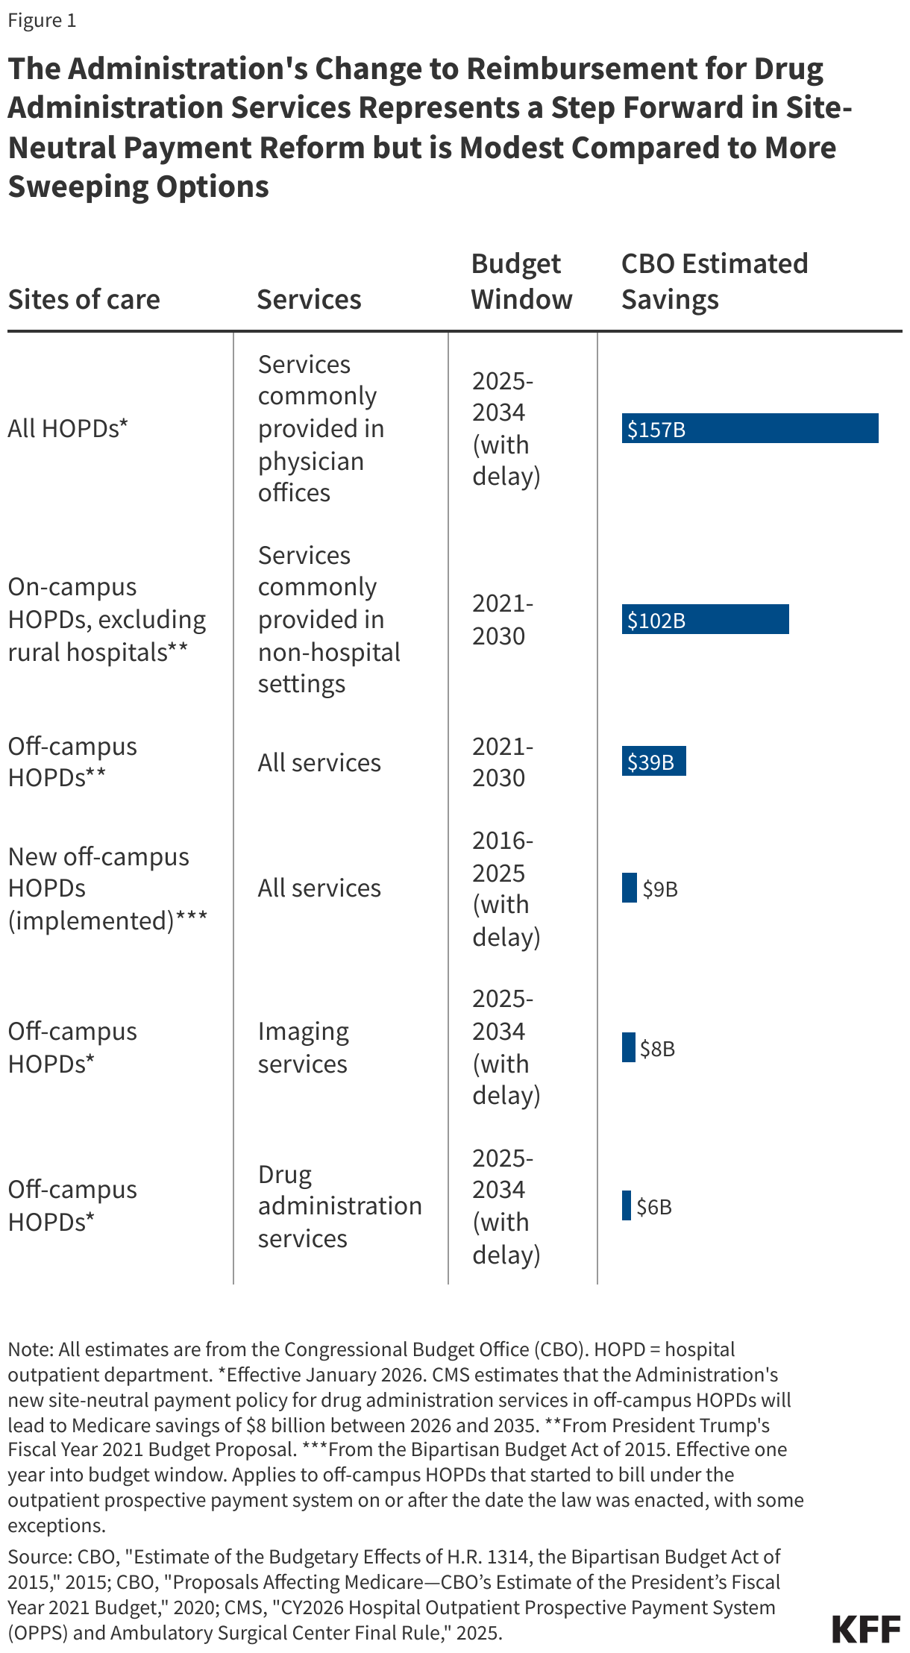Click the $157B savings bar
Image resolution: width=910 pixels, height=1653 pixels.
click(x=750, y=428)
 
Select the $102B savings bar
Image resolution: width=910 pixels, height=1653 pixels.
click(x=705, y=619)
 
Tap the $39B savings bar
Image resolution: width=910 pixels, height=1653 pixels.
click(x=653, y=761)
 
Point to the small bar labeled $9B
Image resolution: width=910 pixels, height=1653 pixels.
click(x=629, y=888)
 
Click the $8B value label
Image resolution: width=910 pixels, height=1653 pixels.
click(x=657, y=1049)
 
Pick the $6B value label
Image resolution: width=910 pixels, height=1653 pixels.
click(x=654, y=1207)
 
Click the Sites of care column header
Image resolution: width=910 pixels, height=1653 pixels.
click(x=84, y=299)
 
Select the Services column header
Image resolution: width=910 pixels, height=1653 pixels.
click(x=309, y=299)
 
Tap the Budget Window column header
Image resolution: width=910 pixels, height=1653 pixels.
click(x=521, y=281)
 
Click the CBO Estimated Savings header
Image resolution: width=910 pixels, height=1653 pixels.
click(x=714, y=281)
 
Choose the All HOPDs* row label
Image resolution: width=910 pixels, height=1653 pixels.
click(x=68, y=428)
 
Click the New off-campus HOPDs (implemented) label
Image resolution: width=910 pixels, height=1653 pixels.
click(x=107, y=888)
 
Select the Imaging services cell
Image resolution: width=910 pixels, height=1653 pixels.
click(x=303, y=1047)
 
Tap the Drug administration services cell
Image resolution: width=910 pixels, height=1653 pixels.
click(x=339, y=1206)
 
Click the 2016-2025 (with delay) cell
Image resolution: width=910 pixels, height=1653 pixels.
click(x=506, y=888)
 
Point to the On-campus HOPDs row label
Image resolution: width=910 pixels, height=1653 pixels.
click(x=107, y=619)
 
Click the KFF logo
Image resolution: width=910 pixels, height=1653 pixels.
click(x=866, y=1629)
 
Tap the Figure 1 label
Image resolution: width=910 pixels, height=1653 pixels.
click(x=42, y=20)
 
